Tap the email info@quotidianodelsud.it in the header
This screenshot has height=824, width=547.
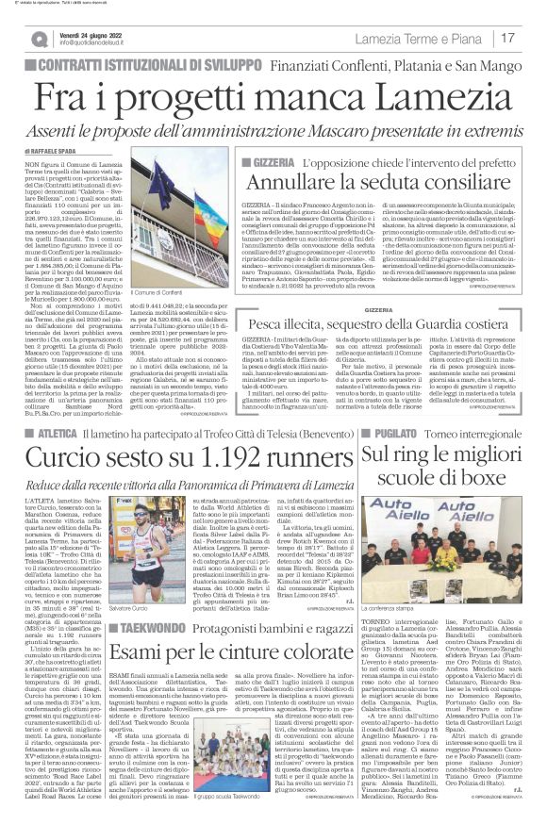(99, 42)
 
